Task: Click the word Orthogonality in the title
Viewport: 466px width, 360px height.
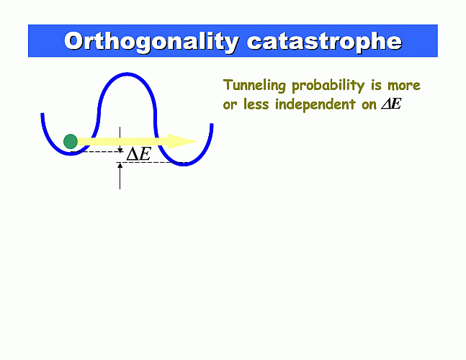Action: tap(152, 42)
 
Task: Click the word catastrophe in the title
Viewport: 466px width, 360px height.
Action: tap(325, 42)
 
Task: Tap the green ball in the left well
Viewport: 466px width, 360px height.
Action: tap(71, 141)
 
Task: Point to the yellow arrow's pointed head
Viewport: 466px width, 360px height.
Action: tap(197, 141)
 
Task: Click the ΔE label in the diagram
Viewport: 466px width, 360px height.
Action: tap(139, 154)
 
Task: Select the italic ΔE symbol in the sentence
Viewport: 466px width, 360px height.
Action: tap(391, 104)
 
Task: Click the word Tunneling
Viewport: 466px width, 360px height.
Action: tap(254, 86)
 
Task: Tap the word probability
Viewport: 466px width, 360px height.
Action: tap(328, 86)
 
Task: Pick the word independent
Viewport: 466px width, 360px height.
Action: tap(315, 104)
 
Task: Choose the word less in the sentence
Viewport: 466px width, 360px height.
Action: tap(256, 104)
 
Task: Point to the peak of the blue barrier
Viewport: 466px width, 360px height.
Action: tap(127, 73)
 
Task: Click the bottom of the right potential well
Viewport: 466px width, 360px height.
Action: tap(184, 164)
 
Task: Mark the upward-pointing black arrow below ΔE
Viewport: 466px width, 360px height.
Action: tap(120, 176)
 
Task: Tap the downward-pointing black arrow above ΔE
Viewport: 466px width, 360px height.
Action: tap(120, 140)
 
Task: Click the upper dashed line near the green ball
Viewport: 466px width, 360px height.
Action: tap(97, 152)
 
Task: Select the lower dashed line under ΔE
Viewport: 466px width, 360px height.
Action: tap(152, 163)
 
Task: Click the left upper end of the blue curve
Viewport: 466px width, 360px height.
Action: tap(42, 114)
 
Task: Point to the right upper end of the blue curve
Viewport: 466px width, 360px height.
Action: tap(212, 124)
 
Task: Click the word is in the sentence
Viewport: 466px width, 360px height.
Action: tap(376, 85)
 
